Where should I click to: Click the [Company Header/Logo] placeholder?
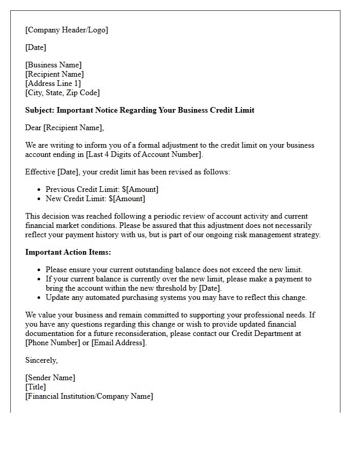pos(66,30)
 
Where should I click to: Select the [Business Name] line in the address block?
pos(53,65)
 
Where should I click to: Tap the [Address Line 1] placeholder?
pos(53,83)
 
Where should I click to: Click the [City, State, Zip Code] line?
pos(62,93)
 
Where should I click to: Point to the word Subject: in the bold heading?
pos(40,110)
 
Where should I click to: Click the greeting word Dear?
pos(34,128)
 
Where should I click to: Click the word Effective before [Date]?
pos(41,172)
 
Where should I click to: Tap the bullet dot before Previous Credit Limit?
pos(39,190)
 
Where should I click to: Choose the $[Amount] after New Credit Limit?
pos(127,199)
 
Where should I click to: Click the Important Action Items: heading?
pos(68,252)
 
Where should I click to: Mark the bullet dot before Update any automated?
pos(39,298)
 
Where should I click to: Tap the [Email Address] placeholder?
pos(118,343)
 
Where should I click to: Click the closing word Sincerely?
pos(41,360)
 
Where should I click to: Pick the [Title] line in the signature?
pos(35,387)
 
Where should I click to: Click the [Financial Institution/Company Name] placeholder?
pos(89,396)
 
